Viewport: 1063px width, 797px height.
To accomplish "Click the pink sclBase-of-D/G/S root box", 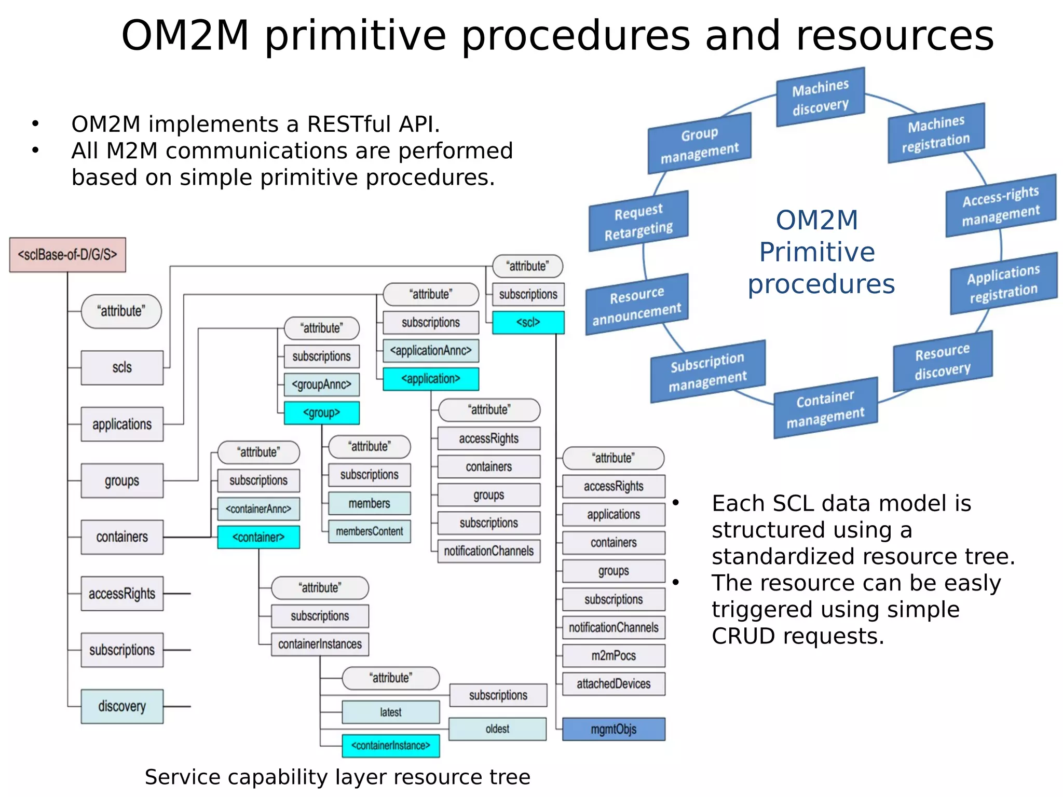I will (x=67, y=255).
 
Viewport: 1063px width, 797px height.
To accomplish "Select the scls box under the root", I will (x=122, y=368).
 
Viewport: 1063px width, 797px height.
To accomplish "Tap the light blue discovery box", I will (x=122, y=706).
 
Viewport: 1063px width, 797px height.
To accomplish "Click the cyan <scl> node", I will (x=528, y=323).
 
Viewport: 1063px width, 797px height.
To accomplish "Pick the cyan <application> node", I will (x=431, y=379).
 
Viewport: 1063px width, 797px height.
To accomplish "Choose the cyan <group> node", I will (x=321, y=413).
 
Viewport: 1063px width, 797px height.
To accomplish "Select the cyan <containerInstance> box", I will (x=390, y=746).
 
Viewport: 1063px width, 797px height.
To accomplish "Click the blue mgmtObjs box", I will (x=614, y=729).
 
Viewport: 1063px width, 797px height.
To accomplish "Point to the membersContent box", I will (x=369, y=531).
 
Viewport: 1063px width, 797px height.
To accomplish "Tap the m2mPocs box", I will (x=614, y=656).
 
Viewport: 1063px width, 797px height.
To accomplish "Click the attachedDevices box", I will (x=614, y=684).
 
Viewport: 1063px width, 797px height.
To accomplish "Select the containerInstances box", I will (x=320, y=644).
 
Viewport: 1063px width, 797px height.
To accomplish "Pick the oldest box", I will (x=497, y=729).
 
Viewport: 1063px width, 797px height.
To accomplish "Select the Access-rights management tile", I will (x=1001, y=206).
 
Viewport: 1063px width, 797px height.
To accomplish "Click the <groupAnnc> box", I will (x=321, y=385).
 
